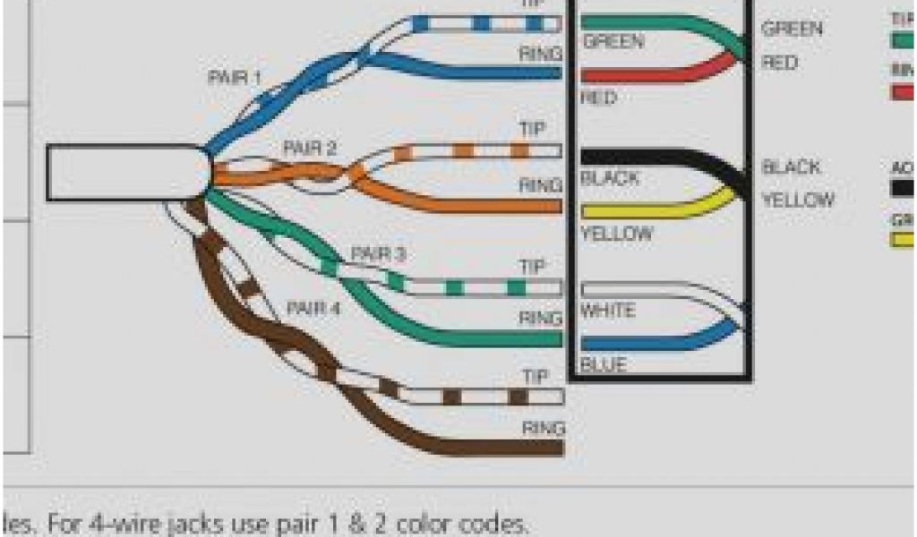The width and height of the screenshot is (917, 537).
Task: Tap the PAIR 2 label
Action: tap(310, 148)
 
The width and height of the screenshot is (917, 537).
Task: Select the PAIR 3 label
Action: tap(378, 255)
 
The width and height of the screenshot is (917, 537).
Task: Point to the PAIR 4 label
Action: tap(313, 309)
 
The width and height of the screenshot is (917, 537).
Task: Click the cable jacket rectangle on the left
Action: tap(125, 172)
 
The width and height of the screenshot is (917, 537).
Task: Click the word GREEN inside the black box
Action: tap(613, 41)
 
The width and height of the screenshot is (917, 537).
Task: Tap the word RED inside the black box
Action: tap(598, 98)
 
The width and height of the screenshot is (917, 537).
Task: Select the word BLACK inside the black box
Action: tap(610, 178)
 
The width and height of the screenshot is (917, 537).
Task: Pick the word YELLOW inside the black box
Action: tap(616, 234)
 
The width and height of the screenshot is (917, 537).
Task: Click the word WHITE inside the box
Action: tap(608, 311)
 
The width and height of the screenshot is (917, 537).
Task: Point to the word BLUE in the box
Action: tap(603, 365)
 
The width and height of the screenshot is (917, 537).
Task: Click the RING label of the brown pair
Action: tap(543, 427)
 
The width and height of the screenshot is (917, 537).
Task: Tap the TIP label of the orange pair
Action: tap(532, 130)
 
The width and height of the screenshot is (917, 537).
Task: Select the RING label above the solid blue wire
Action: tap(541, 54)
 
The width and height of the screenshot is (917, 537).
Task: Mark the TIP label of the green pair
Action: tap(532, 267)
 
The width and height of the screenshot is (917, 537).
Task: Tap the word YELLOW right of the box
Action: tap(798, 200)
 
